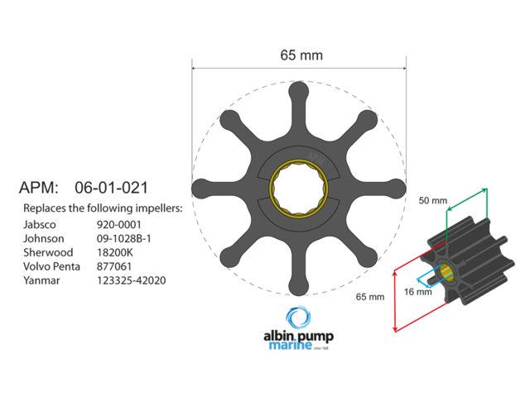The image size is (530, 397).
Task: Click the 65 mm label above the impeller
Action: pyautogui.click(x=301, y=55)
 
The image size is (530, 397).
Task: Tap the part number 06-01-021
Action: pyautogui.click(x=112, y=188)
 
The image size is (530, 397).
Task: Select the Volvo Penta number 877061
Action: pyautogui.click(x=115, y=265)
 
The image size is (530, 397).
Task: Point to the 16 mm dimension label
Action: pyautogui.click(x=418, y=291)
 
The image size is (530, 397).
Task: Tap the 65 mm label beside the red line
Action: pyautogui.click(x=369, y=296)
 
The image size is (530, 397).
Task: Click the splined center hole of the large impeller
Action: pyautogui.click(x=299, y=186)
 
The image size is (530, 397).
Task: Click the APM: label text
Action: pyautogui.click(x=39, y=188)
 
